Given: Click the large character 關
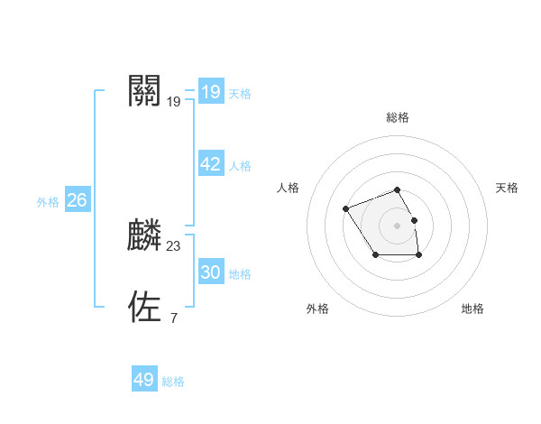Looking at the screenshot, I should click(x=145, y=90).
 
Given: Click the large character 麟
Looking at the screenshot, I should click(x=145, y=235).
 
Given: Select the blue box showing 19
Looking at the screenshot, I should click(x=211, y=92).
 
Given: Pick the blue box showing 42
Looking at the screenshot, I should click(x=211, y=164).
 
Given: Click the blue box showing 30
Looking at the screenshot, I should click(x=211, y=272).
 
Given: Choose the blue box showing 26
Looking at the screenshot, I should click(x=77, y=200).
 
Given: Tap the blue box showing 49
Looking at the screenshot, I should click(x=144, y=380).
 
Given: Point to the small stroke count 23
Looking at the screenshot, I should click(x=174, y=245).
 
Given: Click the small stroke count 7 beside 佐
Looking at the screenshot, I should click(x=173, y=318).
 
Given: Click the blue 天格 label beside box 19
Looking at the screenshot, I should click(x=240, y=94).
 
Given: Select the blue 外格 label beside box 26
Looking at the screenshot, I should click(x=48, y=202).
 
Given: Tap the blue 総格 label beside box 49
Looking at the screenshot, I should click(x=173, y=382).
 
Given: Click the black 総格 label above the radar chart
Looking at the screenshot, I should click(x=397, y=117).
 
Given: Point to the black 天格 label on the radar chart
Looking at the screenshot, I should click(x=507, y=188).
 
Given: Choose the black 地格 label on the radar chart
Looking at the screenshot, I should click(x=472, y=309).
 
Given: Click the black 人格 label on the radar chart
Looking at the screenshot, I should click(x=288, y=188).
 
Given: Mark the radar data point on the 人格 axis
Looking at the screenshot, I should click(x=346, y=209).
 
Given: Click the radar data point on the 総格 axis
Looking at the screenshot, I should click(x=397, y=189).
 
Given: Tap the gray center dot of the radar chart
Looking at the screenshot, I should click(x=397, y=225).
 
